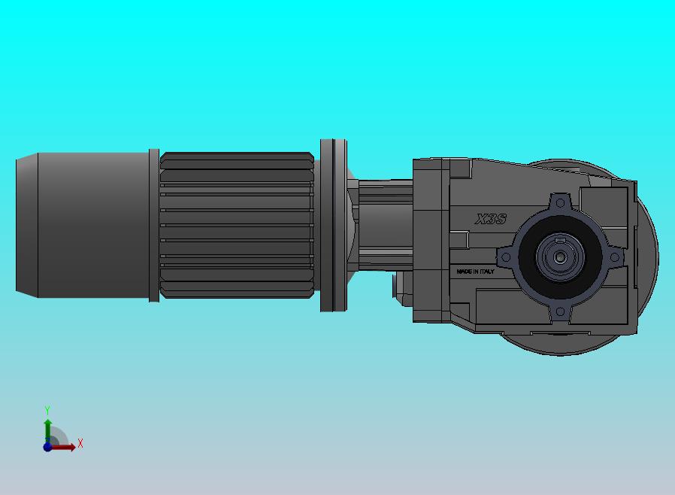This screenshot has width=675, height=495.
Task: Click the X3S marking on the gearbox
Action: (x=491, y=219)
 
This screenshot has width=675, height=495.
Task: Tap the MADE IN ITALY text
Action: (x=475, y=272)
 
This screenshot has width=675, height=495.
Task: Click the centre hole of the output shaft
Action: (x=560, y=257)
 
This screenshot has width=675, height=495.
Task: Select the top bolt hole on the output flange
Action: (x=561, y=203)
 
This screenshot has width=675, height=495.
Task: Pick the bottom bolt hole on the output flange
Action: (x=560, y=311)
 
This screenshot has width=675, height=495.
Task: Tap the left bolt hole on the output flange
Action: (x=507, y=257)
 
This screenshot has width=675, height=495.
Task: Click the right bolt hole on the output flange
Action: (x=615, y=257)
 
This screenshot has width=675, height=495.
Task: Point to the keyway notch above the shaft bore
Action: (x=560, y=239)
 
